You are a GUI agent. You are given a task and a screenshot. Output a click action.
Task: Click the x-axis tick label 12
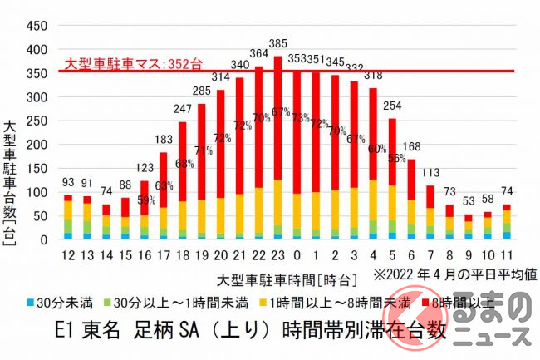pyautogui.click(x=69, y=253)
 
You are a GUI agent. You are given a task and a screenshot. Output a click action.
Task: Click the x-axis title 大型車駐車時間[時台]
pyautogui.click(x=277, y=275)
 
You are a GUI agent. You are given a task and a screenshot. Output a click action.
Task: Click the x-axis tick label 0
pyautogui.click(x=297, y=253)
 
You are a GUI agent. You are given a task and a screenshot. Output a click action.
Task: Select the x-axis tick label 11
pyautogui.click(x=506, y=253)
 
